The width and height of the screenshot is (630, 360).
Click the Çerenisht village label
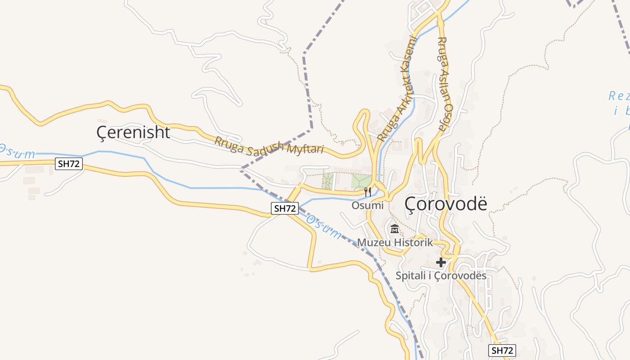133,132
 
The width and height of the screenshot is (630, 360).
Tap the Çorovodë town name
445,204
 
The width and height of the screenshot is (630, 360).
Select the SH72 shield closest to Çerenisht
69,164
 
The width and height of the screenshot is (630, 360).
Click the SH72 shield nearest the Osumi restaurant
285,208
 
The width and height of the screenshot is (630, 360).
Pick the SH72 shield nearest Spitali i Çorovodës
502,351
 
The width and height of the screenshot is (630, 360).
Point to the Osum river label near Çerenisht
17,152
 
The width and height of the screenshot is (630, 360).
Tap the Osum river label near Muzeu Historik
324,227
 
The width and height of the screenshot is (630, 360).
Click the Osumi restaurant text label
368,206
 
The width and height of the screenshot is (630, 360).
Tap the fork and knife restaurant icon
368,192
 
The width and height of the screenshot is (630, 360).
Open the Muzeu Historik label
395,243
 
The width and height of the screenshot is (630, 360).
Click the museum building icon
395,229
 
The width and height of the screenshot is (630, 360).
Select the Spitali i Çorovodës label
441,275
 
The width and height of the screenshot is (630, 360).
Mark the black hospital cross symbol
441,262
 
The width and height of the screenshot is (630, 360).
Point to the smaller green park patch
328,181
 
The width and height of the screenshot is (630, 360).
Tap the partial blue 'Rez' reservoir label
619,96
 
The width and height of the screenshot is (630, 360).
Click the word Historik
413,243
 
